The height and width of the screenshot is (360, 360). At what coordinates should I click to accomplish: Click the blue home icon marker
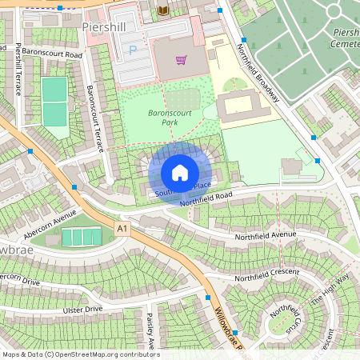click(x=180, y=173)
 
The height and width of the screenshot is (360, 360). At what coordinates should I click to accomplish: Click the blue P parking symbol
click(x=132, y=50)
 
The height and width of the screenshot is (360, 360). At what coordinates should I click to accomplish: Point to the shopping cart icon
click(x=182, y=60)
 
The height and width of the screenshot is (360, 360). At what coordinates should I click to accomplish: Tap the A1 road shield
click(x=122, y=229)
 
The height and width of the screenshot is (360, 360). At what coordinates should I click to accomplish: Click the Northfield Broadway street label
click(x=258, y=71)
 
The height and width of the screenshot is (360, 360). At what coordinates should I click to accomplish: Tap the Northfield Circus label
click(x=286, y=314)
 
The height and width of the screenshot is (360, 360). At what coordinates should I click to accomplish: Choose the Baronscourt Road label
click(x=52, y=54)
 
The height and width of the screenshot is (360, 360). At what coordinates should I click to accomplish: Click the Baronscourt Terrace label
click(x=95, y=119)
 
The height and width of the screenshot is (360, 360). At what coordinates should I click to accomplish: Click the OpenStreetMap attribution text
click(x=80, y=354)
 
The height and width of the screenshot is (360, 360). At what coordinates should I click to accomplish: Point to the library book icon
click(x=164, y=10)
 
